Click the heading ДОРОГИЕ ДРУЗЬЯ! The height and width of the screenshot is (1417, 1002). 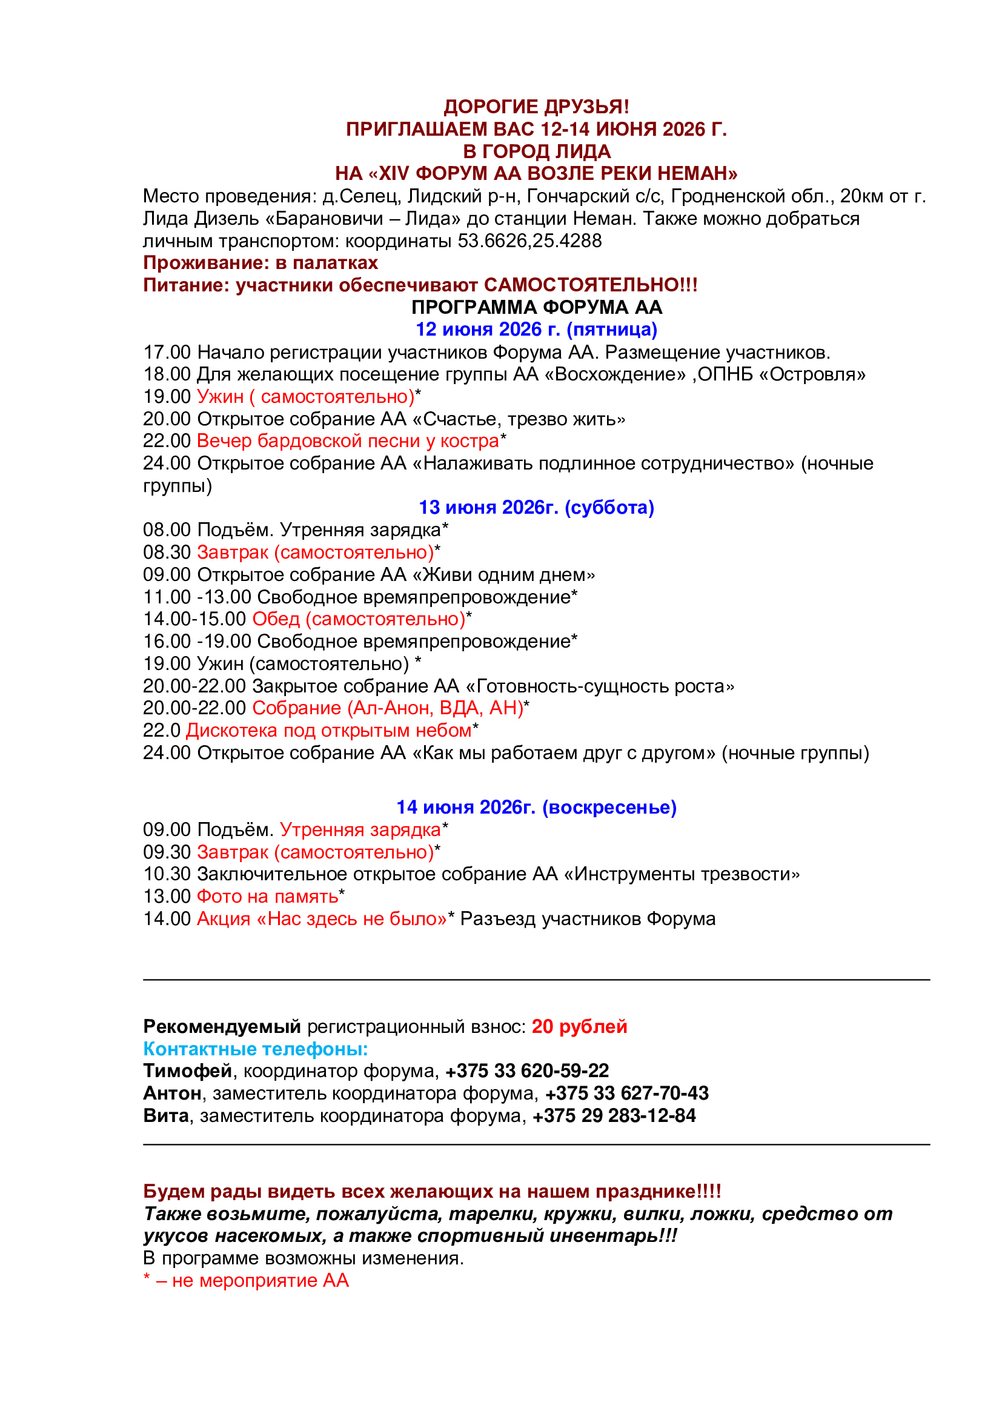536,107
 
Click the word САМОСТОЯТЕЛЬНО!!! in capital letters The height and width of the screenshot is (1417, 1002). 591,285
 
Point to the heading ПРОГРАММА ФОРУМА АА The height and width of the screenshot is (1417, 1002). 536,307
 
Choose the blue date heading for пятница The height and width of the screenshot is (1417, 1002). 536,330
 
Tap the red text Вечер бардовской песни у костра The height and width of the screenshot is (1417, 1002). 347,440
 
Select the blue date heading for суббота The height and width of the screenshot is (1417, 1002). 536,507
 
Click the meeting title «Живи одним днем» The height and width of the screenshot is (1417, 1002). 503,574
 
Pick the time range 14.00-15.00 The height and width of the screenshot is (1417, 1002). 194,619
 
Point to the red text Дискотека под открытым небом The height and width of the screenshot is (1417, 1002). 328,730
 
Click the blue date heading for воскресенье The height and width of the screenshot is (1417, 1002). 536,807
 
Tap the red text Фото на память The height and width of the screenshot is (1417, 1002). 267,896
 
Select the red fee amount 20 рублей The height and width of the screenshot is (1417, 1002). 579,1026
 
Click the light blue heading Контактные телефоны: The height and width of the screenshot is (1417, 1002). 256,1049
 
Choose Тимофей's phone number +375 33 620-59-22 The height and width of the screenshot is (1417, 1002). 527,1070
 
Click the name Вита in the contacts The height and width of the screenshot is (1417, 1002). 166,1115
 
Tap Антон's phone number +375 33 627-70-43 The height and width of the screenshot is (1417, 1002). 627,1093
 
